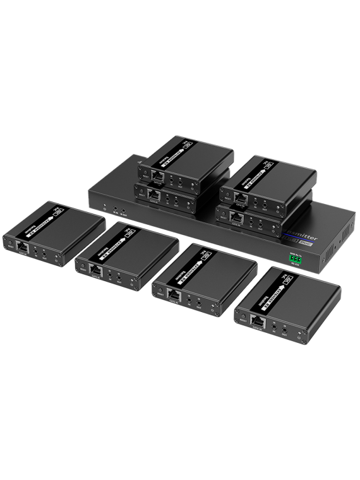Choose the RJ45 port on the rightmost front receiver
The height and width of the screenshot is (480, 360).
click(x=258, y=320)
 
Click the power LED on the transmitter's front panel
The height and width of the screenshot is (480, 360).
click(x=103, y=206)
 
